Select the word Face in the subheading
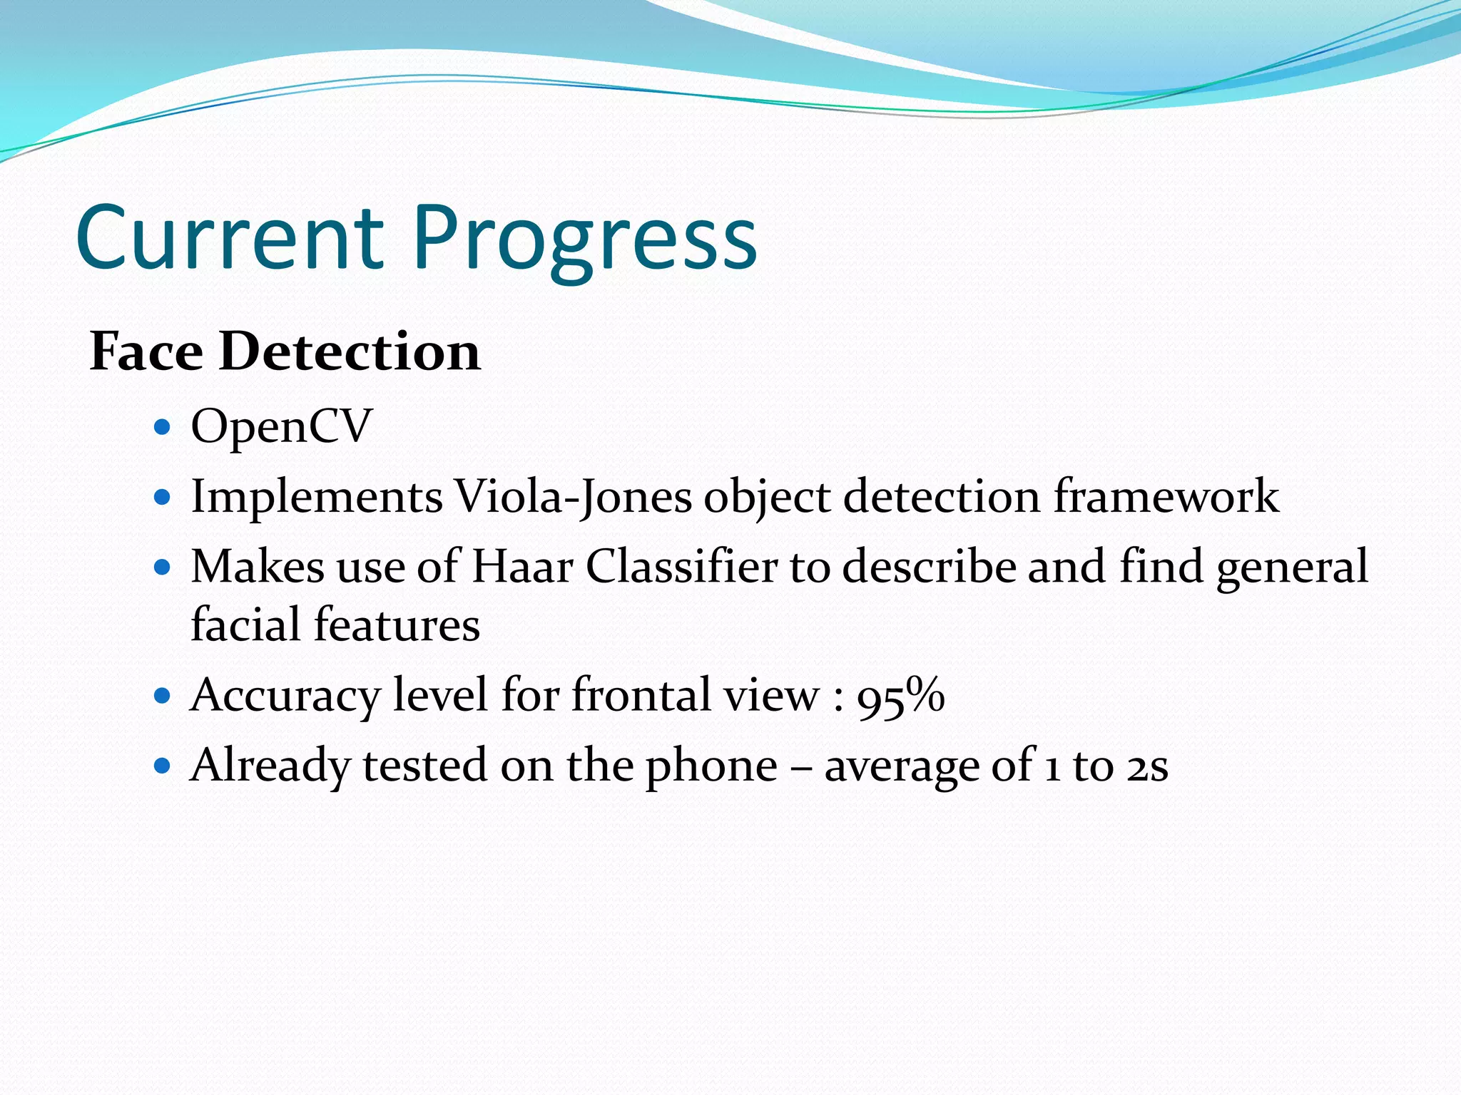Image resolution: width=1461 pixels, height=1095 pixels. [146, 351]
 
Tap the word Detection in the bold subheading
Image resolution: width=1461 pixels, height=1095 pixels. [350, 351]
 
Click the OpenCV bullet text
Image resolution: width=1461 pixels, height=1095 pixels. [281, 426]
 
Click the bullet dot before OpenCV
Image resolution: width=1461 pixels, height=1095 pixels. [163, 428]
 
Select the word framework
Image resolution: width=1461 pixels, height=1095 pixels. [1166, 496]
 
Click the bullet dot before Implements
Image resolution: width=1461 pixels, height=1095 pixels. [163, 497]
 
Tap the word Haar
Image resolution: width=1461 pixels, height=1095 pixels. [523, 567]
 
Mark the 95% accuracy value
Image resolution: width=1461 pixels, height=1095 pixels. [900, 696]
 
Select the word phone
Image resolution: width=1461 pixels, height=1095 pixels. [711, 767]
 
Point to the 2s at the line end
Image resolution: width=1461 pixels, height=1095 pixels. [1147, 767]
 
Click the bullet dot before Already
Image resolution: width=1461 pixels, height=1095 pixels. [163, 766]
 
